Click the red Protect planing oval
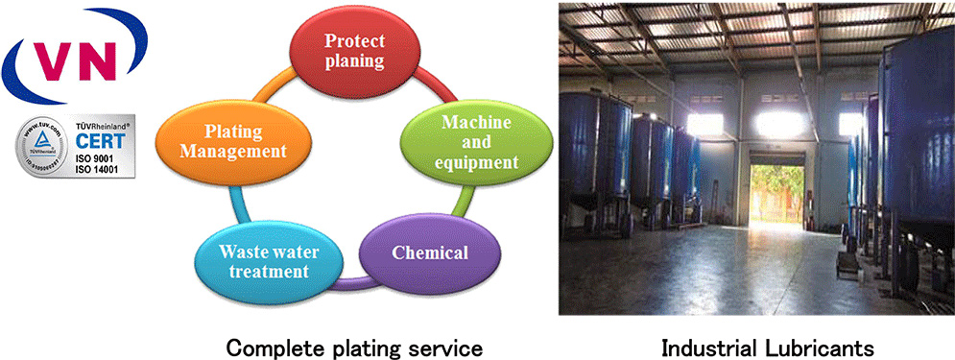pyautogui.click(x=354, y=50)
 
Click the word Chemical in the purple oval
pyautogui.click(x=430, y=253)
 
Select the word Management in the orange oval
pyautogui.click(x=236, y=151)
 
